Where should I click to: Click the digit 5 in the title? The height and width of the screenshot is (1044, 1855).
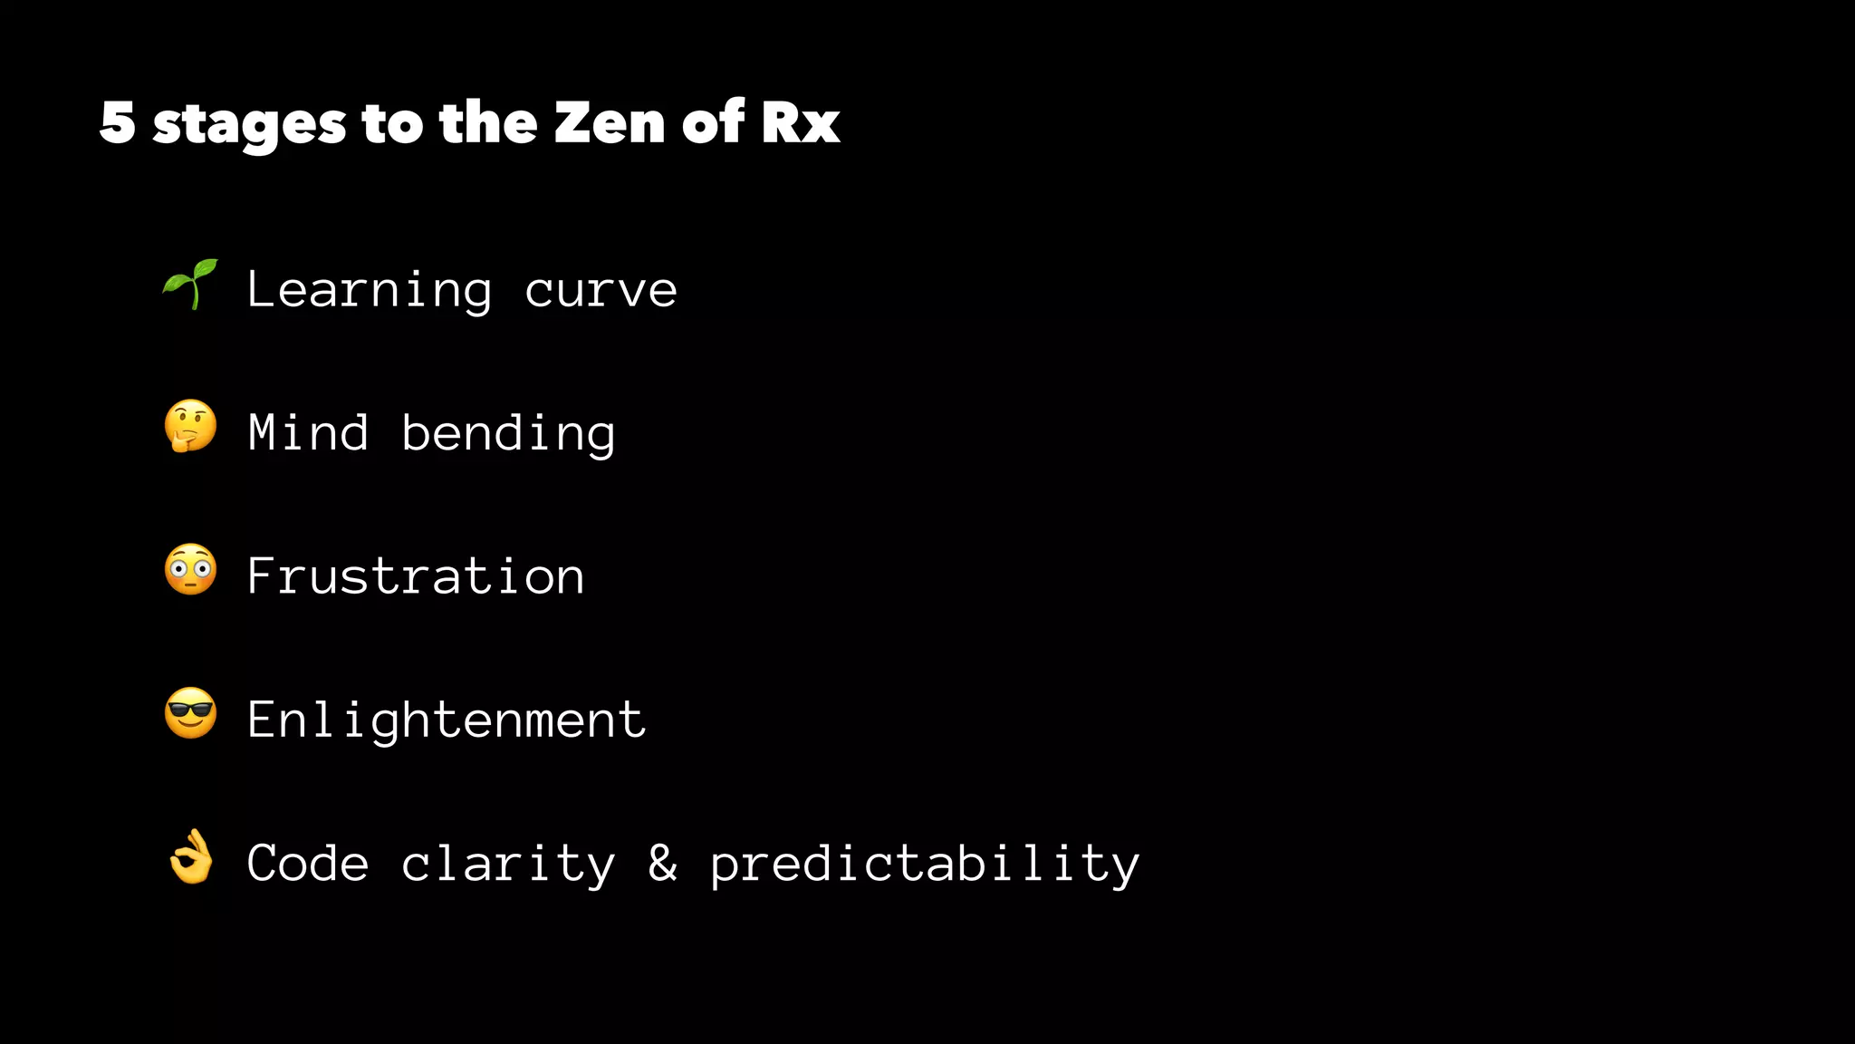click(x=118, y=122)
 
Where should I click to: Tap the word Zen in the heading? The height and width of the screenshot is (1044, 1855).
click(x=610, y=122)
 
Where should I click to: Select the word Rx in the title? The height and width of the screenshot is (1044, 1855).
click(x=800, y=122)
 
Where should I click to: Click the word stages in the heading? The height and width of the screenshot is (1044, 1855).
click(x=249, y=124)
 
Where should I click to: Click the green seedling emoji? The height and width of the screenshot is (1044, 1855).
click(x=190, y=285)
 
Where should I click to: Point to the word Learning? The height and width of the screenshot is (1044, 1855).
click(x=370, y=291)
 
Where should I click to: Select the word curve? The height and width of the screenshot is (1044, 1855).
click(x=601, y=291)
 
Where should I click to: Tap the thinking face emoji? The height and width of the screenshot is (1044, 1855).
click(x=190, y=427)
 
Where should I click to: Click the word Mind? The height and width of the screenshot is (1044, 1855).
click(x=308, y=432)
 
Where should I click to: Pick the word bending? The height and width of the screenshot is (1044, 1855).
click(x=508, y=434)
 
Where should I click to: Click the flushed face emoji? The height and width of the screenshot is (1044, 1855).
click(x=190, y=570)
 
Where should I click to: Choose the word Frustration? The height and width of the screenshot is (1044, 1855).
click(x=416, y=576)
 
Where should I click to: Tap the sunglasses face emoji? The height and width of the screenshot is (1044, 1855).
click(x=190, y=713)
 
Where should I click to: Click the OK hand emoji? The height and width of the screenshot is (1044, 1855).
click(x=190, y=857)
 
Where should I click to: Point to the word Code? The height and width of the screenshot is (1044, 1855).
click(x=308, y=863)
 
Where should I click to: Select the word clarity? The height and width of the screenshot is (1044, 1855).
click(x=508, y=865)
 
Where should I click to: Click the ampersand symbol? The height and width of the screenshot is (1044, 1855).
click(x=662, y=863)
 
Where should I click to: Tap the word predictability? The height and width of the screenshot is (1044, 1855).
click(x=925, y=865)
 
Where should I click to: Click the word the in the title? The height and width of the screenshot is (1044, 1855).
click(x=488, y=122)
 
